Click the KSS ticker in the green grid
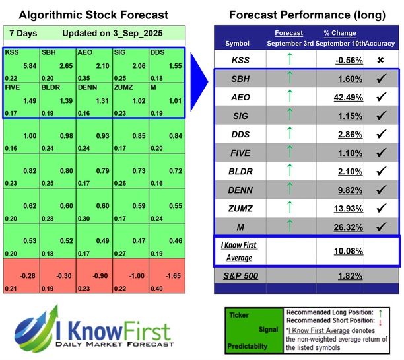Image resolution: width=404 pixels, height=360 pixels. (x=11, y=51)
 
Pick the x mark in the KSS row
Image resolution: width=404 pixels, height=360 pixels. (x=380, y=60)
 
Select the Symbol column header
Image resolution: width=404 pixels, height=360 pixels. (x=238, y=43)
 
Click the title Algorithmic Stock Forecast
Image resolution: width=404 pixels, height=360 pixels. (x=93, y=15)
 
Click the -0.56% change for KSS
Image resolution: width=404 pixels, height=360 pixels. (x=345, y=60)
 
